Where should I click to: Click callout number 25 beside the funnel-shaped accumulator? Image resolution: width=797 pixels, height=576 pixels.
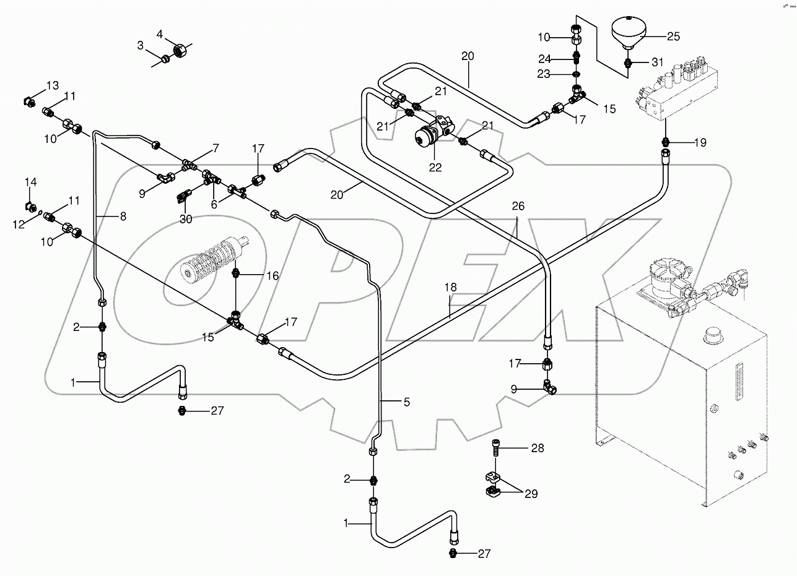point(673,36)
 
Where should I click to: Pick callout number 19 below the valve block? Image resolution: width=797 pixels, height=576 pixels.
point(699,143)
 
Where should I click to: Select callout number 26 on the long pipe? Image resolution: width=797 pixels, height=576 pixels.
point(518,207)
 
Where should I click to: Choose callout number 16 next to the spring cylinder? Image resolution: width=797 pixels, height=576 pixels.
point(273,275)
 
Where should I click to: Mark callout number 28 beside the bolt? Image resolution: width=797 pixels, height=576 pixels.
point(537,448)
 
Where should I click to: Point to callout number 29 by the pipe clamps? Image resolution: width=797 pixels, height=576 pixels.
point(531,494)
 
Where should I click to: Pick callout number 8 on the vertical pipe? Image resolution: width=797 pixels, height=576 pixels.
point(122,217)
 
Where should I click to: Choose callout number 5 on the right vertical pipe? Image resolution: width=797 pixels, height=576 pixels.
point(406,402)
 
